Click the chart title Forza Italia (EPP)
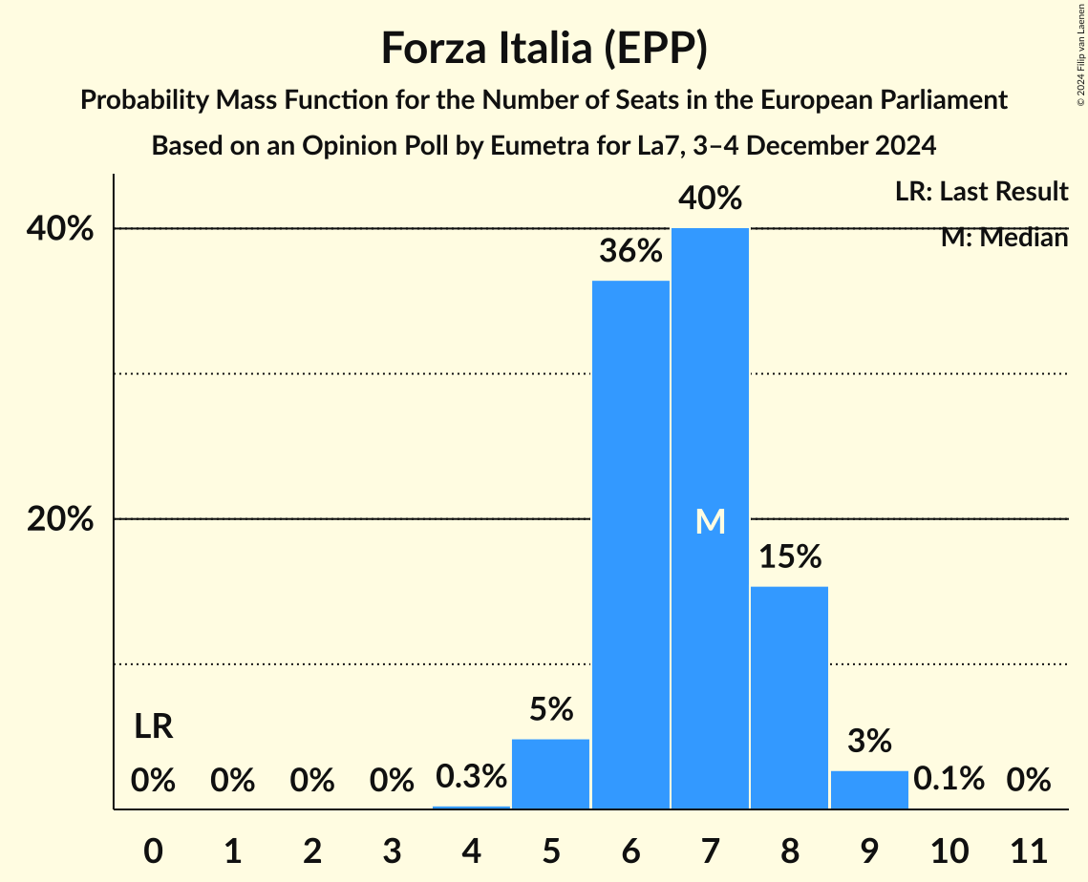coord(544,49)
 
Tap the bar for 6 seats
coord(630,544)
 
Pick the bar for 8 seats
coord(789,697)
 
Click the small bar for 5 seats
coord(551,773)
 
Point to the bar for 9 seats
coord(869,789)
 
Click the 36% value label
coord(630,252)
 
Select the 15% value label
coord(790,556)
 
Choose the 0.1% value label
coord(949,779)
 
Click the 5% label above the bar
coord(551,709)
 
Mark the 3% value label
coord(869,741)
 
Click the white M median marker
coord(710,521)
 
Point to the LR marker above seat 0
coord(153,727)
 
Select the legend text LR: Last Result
coord(981,192)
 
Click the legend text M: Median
coord(1004,238)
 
